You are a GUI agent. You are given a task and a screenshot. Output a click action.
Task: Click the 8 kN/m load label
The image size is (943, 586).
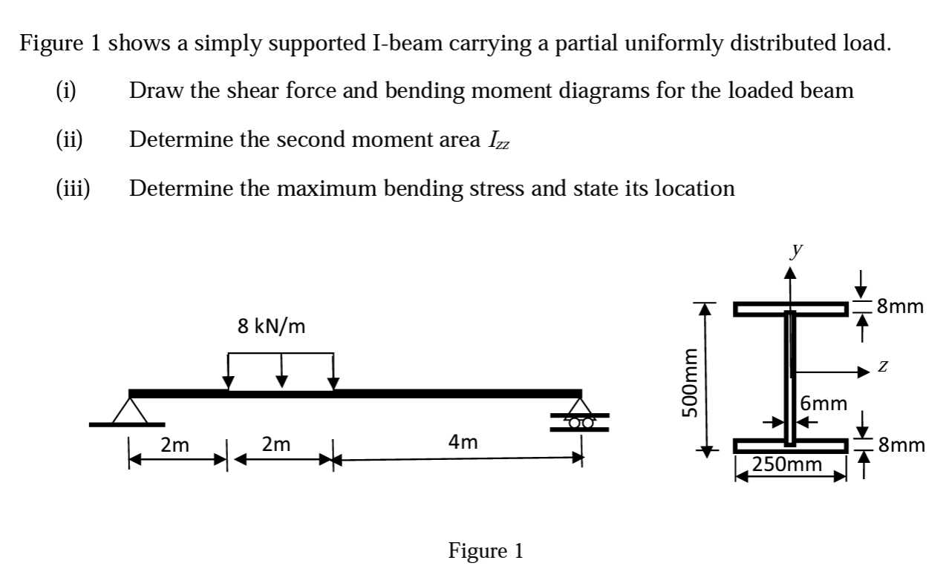click(x=271, y=326)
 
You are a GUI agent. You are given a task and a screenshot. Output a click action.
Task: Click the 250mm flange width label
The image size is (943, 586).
click(x=787, y=465)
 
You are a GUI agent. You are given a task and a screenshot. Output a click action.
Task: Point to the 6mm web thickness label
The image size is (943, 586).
click(x=824, y=404)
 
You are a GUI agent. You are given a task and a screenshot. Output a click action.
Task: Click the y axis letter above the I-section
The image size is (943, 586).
click(x=795, y=251)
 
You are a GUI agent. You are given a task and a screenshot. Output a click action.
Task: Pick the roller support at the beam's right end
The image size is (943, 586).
click(x=581, y=419)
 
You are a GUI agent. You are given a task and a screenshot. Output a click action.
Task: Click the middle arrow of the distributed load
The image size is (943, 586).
click(x=281, y=370)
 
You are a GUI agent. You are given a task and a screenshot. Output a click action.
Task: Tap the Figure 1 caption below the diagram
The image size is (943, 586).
click(x=486, y=550)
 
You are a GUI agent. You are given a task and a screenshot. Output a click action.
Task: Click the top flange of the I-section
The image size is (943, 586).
click(x=791, y=309)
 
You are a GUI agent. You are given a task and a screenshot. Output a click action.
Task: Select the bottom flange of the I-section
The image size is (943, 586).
click(x=791, y=446)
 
